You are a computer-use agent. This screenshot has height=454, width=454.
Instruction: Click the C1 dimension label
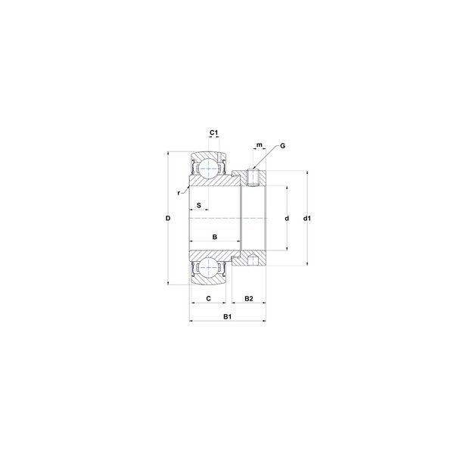point(213,132)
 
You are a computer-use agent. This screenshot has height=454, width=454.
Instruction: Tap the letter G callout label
point(282,145)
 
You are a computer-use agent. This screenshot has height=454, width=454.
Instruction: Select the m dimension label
point(260,145)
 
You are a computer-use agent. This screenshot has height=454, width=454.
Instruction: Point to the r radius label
point(179,193)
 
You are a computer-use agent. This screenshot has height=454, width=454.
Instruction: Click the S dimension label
point(199,205)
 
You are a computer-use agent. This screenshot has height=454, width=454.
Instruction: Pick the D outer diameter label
point(168,219)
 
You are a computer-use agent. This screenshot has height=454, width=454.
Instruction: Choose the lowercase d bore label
point(287,219)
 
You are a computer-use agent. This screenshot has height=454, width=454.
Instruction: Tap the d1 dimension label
point(307,219)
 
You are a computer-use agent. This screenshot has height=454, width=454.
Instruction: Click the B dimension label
point(215,237)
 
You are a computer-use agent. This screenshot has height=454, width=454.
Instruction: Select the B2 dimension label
point(249,299)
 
